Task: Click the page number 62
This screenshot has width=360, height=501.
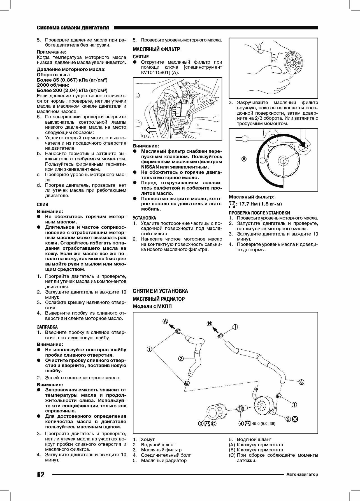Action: pos(41,474)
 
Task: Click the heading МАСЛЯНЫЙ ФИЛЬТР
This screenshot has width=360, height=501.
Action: pos(156,49)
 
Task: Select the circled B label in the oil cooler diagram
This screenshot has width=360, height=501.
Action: pos(210,324)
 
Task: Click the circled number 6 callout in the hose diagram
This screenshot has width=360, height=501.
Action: pos(301,382)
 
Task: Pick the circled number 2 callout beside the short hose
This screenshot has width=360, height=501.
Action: pos(181,359)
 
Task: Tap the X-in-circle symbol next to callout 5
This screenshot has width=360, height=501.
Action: pos(295,419)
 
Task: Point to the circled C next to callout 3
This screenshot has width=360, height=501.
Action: pos(214,423)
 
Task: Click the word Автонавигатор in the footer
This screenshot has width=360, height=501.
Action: pos(302,474)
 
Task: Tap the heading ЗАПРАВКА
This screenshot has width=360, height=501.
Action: pos(47,327)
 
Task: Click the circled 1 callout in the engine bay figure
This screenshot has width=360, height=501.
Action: pos(187,92)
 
